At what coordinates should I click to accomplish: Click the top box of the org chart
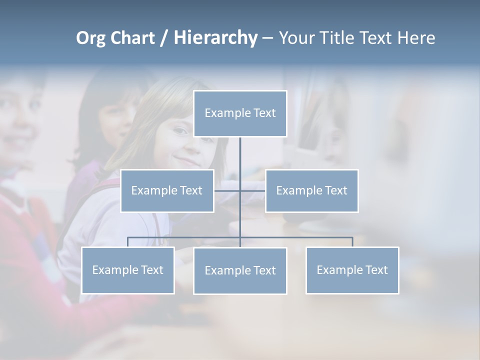pos(240,113)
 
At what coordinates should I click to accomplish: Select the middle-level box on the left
pos(167,190)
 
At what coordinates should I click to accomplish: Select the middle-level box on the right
pos(311,190)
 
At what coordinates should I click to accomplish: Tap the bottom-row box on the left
pos(128,270)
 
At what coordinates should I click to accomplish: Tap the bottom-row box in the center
pos(240,270)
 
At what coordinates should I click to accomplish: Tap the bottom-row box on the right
pos(352,270)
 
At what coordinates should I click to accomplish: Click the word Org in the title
pos(90,38)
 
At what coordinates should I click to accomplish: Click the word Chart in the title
pos(132,38)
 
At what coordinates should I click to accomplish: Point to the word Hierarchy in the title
pos(215,38)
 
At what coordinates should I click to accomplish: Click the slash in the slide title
pos(164,38)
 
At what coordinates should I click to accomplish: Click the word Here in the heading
pos(416,38)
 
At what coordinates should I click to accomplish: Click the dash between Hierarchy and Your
pos(267,38)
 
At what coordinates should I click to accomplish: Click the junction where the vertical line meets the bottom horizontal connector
pos(240,237)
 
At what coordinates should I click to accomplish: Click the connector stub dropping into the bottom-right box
pos(352,242)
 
